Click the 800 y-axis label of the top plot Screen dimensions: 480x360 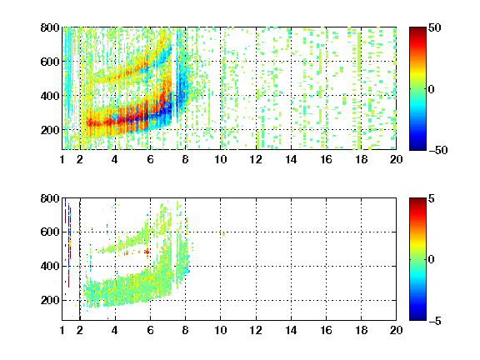50,27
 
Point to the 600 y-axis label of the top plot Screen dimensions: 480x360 50,62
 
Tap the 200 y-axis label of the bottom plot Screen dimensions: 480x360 50,300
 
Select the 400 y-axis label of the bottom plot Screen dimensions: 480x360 50,266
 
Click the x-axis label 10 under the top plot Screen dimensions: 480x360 220,159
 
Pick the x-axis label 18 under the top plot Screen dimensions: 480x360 361,159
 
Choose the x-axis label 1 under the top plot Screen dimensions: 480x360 62,159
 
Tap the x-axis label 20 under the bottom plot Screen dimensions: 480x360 396,330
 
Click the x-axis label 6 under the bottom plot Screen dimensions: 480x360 150,330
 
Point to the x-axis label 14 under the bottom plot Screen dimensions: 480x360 291,330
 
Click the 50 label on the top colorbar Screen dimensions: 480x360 435,27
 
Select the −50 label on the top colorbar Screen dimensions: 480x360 438,150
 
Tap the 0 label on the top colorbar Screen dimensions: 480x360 432,89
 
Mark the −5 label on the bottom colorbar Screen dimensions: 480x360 435,321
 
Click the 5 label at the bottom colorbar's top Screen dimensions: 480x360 432,198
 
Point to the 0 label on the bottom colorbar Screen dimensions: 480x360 432,260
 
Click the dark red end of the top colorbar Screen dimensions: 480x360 417,30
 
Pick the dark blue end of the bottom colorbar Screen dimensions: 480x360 417,317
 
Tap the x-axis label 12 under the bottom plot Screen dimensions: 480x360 256,330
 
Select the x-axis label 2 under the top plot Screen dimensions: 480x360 80,159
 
